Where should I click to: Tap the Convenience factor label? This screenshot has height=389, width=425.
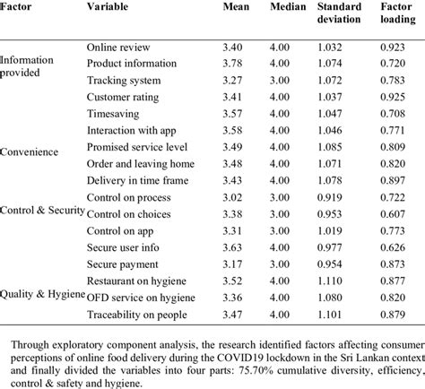[x=30, y=151]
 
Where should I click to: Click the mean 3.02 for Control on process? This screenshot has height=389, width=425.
[x=235, y=197]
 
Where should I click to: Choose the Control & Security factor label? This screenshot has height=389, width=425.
[x=43, y=210]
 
